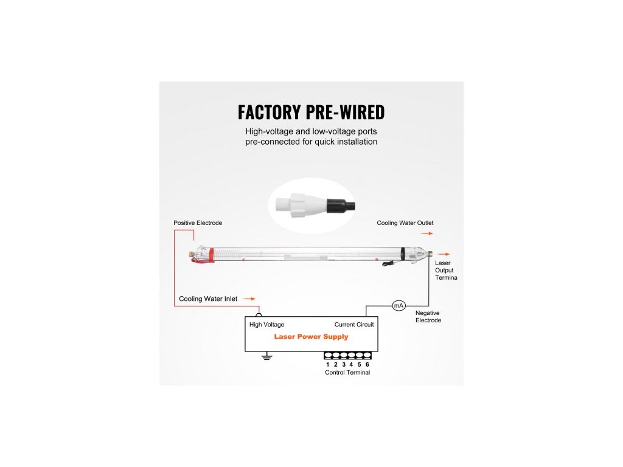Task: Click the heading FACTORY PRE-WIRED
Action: point(311,112)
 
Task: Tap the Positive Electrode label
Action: point(198,223)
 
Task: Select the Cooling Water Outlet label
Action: point(405,223)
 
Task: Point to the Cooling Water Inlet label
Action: point(208,299)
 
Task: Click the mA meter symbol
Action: point(399,305)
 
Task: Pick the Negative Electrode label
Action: point(428,316)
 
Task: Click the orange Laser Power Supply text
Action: point(311,336)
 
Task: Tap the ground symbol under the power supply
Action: point(266,357)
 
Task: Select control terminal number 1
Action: point(328,364)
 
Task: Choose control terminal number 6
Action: point(367,364)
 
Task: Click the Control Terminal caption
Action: point(347,373)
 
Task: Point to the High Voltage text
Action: point(266,325)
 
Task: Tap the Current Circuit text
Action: point(354,325)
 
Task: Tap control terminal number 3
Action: point(344,364)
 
